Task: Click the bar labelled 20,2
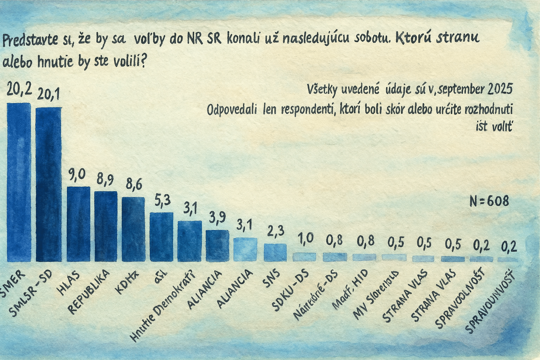tap(19, 182)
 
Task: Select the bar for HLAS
tap(78, 224)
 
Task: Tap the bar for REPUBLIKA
tap(105, 226)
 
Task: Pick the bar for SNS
tap(275, 252)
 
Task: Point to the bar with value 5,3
tap(161, 237)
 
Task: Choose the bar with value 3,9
tap(217, 245)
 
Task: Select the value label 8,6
tap(134, 184)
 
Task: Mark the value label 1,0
tap(305, 239)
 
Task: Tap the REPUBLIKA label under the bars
tap(89, 292)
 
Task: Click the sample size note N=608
tap(489, 201)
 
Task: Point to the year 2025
tap(500, 89)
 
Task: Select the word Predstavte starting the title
tap(30, 40)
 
